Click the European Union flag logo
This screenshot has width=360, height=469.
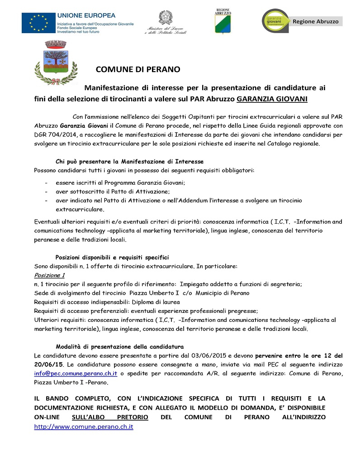pos(38,22)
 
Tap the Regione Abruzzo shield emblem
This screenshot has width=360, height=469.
pos(223,22)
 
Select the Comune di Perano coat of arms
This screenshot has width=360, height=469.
pos(50,62)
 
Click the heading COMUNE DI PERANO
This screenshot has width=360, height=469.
pos(138,70)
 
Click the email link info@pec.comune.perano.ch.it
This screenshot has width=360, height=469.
pos(76,373)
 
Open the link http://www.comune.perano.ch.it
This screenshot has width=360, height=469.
pos(84,427)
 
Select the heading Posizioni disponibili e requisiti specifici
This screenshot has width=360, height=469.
pos(112,257)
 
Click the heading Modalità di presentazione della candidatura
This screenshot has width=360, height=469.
pos(119,346)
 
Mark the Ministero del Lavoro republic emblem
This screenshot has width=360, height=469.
pos(165,18)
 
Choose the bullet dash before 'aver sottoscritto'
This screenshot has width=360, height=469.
pos(47,191)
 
